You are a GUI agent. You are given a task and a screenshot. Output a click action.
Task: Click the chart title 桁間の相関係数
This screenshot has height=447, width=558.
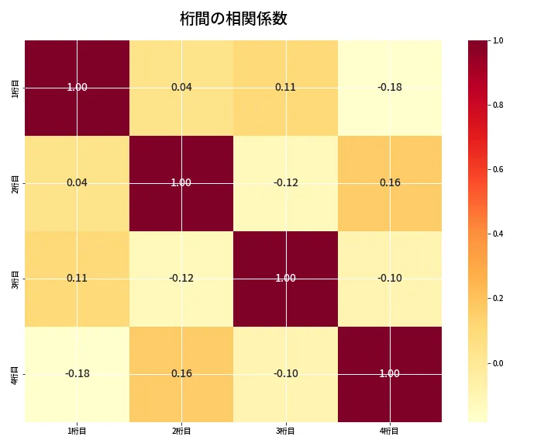tap(233, 19)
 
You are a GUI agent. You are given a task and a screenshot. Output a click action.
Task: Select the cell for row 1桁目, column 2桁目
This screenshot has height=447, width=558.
tap(181, 88)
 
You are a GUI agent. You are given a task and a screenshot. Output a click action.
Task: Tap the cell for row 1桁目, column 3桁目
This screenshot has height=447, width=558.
tap(285, 88)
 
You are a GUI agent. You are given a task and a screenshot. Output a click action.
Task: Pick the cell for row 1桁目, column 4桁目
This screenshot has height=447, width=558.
tap(390, 88)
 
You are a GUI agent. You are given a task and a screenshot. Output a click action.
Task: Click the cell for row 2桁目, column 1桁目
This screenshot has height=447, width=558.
tap(77, 183)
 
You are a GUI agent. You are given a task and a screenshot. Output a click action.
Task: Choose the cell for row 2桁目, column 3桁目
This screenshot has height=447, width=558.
tap(285, 183)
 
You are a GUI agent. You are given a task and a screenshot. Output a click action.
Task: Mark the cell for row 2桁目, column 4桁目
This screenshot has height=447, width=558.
tap(390, 183)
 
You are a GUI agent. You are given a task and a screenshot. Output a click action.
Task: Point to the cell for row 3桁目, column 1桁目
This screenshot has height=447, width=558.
tap(77, 279)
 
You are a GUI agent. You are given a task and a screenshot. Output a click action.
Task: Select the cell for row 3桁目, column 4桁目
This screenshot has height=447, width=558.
tap(390, 279)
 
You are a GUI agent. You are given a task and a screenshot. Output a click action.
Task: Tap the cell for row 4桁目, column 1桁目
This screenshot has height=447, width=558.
tap(77, 374)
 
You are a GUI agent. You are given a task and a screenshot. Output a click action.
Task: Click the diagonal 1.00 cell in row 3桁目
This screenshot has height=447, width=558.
tap(285, 279)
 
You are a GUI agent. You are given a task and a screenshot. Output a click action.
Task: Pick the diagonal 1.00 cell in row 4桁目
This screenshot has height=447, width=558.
tap(390, 374)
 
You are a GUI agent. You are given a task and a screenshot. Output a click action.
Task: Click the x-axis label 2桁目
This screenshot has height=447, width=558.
tap(181, 431)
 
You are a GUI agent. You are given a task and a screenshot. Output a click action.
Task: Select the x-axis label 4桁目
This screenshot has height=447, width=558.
tap(390, 431)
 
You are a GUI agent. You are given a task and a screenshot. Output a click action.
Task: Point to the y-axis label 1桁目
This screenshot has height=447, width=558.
tap(16, 88)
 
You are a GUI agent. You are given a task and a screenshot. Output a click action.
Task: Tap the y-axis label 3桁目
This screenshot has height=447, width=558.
tap(16, 279)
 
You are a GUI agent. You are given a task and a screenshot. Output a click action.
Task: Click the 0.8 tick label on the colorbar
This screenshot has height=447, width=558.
tap(498, 105)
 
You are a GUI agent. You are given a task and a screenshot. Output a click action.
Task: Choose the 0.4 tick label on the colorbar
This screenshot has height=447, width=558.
tap(498, 234)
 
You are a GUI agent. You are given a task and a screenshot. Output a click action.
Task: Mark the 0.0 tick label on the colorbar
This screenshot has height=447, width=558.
tap(498, 363)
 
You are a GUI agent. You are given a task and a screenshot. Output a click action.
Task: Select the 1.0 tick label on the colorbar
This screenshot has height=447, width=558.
tap(498, 40)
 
